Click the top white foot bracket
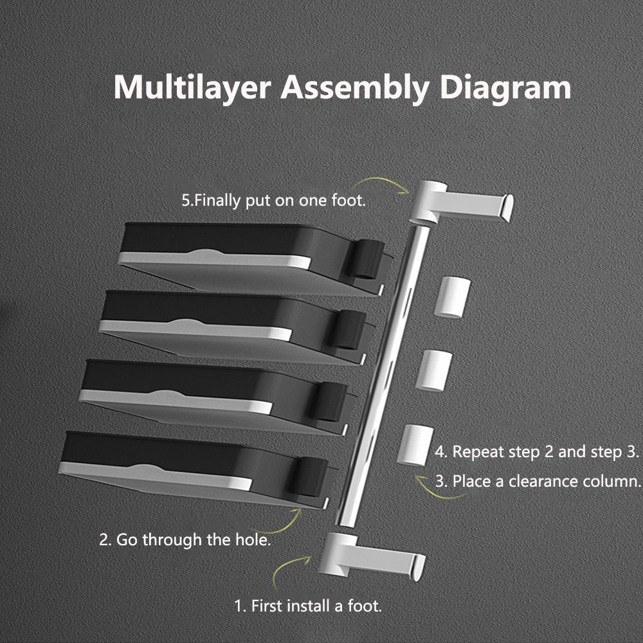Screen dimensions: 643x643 tap(463, 201)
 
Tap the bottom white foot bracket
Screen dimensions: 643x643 tap(373, 554)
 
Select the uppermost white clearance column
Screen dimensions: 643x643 tap(452, 297)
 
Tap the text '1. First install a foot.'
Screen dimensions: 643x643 tap(307, 606)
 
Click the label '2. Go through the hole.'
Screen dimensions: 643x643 tap(185, 539)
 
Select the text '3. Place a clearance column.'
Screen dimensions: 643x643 tap(538, 481)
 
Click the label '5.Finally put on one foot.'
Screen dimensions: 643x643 tap(273, 200)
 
